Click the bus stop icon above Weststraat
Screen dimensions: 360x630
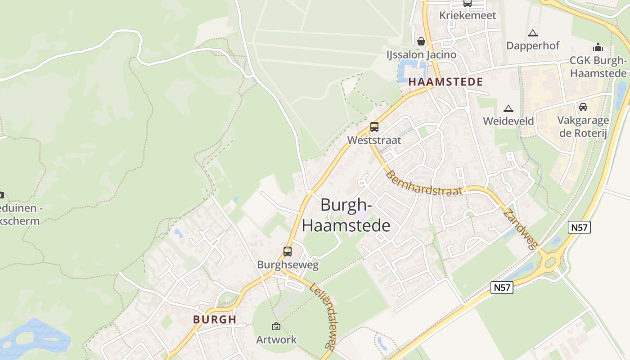[x=374, y=127]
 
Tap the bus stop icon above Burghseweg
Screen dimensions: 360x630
[x=288, y=252]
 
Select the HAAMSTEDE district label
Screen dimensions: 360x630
[x=445, y=82]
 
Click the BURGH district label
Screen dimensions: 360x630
[x=215, y=319]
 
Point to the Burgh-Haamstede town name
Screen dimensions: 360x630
[x=346, y=215]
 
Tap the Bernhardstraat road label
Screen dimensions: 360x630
[x=424, y=183]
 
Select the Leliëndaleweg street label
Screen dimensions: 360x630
[x=324, y=315]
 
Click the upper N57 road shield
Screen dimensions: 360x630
[x=579, y=227]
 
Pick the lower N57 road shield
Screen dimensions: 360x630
[x=502, y=288]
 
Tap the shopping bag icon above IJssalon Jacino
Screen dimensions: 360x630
[x=421, y=41]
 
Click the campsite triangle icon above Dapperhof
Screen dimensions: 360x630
[x=533, y=33]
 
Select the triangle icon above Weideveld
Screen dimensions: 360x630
[x=508, y=108]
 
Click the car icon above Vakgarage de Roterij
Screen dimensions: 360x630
[x=583, y=107]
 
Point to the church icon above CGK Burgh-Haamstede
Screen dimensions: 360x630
[x=598, y=47]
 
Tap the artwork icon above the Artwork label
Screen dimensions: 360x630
[x=276, y=326]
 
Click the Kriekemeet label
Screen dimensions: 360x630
[x=468, y=15]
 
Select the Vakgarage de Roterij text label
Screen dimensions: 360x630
[x=583, y=126]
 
